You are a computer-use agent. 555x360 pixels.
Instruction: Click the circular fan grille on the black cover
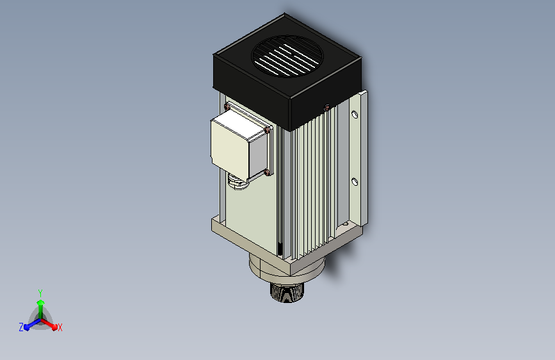pyautogui.click(x=287, y=56)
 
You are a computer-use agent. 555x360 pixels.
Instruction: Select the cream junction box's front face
pyautogui.click(x=229, y=145)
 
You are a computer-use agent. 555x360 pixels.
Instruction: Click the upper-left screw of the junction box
pyautogui.click(x=227, y=106)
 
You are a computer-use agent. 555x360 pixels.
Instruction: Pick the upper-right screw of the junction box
pyautogui.click(x=267, y=131)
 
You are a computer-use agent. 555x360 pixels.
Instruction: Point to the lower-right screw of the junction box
pyautogui.click(x=267, y=172)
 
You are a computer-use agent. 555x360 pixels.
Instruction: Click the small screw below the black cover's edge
pyautogui.click(x=326, y=108)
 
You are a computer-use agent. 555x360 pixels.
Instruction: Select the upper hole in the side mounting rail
pyautogui.click(x=354, y=115)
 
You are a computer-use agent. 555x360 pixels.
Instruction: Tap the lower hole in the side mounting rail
pyautogui.click(x=354, y=182)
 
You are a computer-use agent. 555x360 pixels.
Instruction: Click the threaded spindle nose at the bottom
pyautogui.click(x=286, y=292)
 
